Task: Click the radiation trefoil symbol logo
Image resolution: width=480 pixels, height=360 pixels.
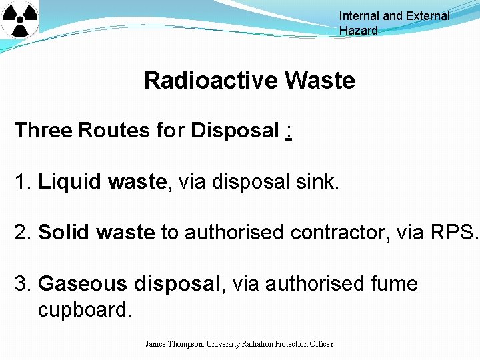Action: pos(20,19)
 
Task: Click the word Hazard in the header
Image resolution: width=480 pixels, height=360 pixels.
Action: pos(358,31)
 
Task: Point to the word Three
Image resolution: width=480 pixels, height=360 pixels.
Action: pos(43,130)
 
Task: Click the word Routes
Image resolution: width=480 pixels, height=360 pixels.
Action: pos(114,130)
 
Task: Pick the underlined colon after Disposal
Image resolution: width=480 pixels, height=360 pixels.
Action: pos(287,131)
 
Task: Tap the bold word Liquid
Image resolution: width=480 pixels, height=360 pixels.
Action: pos(67,181)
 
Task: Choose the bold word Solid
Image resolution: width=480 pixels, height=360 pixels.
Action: pos(65,233)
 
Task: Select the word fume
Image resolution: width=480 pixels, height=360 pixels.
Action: pos(393,284)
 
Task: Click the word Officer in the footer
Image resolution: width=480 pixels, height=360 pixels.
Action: pos(320,344)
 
